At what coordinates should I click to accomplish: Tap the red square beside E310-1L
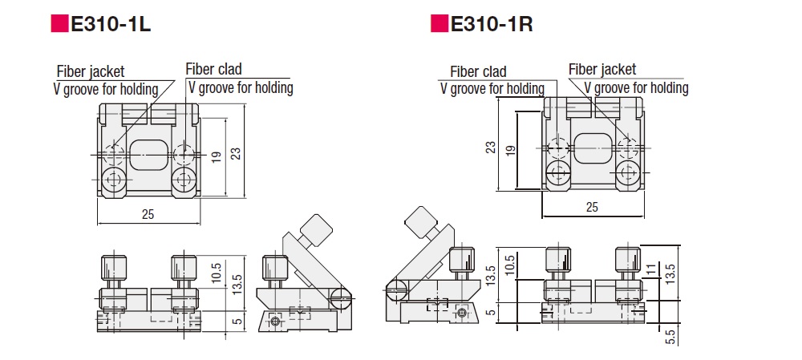(60, 24)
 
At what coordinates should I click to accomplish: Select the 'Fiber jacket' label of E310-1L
(91, 72)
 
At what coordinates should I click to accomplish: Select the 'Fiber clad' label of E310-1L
(213, 70)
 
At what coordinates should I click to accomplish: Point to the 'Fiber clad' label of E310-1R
(478, 72)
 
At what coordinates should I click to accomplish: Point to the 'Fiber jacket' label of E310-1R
(602, 70)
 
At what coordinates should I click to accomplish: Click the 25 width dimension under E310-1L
(148, 214)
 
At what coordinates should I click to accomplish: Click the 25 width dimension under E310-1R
(592, 208)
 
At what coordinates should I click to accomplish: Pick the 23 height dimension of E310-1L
(236, 152)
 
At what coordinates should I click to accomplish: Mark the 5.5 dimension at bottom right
(671, 336)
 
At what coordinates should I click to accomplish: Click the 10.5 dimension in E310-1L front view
(215, 273)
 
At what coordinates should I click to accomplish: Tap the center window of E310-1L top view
(148, 152)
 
